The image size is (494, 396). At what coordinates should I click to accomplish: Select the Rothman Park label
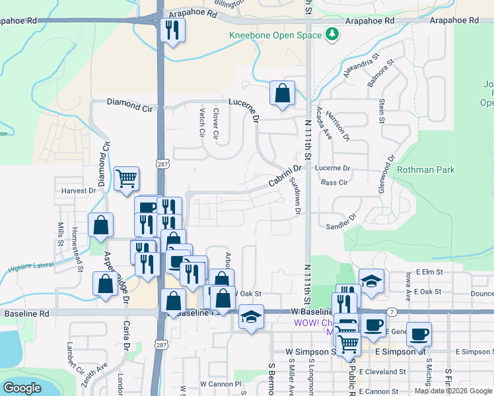426,170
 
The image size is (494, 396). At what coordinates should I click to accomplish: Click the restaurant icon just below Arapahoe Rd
173,30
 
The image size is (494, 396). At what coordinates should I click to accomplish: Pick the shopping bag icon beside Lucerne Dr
282,94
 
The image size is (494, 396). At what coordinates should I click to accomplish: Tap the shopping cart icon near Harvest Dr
126,179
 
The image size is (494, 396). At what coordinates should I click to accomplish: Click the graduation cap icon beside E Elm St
372,281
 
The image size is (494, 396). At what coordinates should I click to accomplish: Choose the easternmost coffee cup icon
419,335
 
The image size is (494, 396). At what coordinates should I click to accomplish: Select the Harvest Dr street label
79,191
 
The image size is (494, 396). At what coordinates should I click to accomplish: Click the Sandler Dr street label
341,221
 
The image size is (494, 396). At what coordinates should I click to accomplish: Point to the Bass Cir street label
334,182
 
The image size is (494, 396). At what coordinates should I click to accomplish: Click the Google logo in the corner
22,387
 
